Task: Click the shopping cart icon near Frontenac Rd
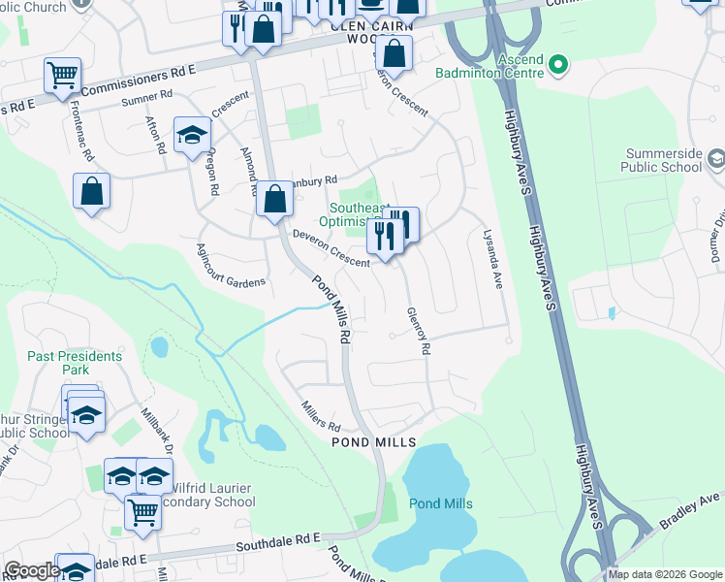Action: tap(62, 75)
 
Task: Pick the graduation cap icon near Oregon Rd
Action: tap(192, 136)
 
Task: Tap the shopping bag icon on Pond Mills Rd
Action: tap(274, 199)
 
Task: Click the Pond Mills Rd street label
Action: tap(331, 310)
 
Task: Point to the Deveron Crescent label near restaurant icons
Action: tap(331, 248)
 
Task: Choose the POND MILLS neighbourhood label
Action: tap(373, 442)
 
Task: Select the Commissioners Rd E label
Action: tap(139, 81)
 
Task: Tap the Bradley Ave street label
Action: tap(691, 509)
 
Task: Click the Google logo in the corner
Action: tap(32, 570)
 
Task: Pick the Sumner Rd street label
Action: tap(146, 97)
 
